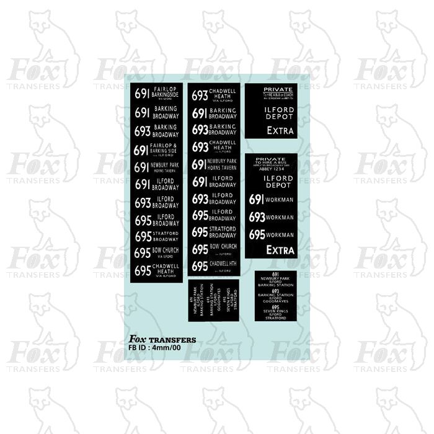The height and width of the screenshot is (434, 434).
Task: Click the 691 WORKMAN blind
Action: point(271,199)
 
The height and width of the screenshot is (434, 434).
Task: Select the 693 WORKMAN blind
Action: point(271,217)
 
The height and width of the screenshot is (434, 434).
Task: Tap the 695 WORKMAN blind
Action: point(271,235)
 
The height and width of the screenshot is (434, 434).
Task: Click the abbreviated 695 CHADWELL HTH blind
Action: point(214,266)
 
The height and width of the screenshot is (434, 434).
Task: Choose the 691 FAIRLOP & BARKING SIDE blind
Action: point(157,149)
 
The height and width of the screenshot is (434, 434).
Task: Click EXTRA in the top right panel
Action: point(280,131)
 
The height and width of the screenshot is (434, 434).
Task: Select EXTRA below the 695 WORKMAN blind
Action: point(280,250)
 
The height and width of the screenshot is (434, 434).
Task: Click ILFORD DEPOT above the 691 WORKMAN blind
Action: point(271,182)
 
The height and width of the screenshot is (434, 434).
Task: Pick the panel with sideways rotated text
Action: point(214,301)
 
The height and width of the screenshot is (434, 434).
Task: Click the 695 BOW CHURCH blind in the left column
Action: point(157,252)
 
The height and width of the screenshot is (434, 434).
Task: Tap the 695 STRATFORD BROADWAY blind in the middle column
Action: point(214,232)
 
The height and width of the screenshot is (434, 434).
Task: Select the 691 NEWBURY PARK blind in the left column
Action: point(157,167)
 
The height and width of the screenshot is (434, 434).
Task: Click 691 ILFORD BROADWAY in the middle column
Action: point(214,182)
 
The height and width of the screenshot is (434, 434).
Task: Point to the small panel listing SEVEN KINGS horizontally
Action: point(275,296)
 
